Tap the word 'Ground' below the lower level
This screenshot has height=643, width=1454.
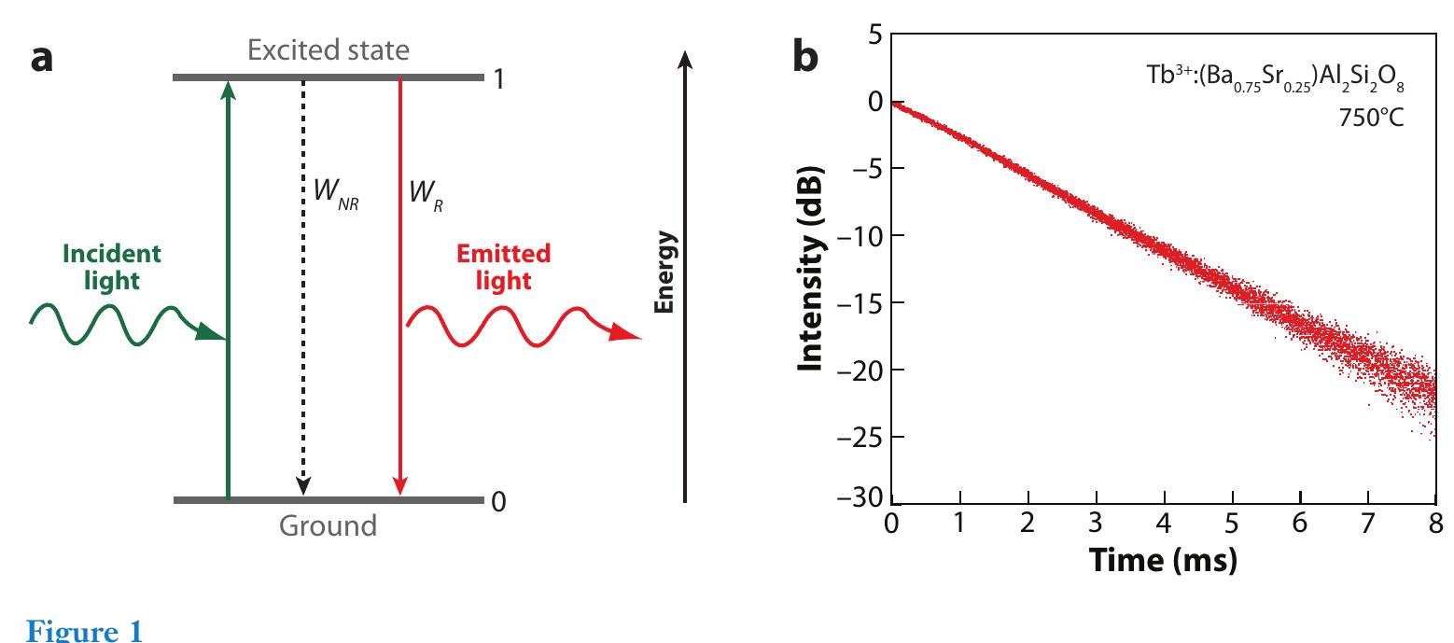pos(328,526)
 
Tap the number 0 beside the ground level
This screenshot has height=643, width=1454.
pos(498,502)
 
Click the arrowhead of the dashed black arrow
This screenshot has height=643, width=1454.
pos(302,486)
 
